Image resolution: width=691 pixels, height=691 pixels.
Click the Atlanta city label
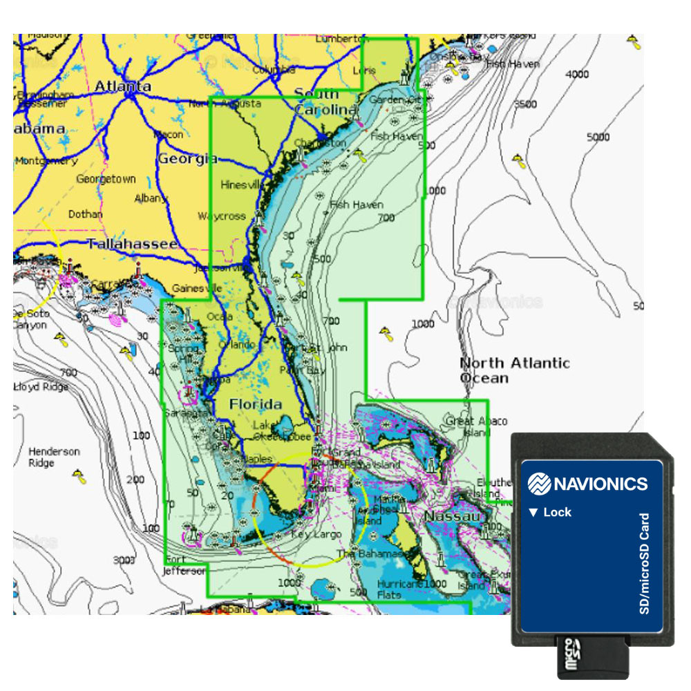pyautogui.click(x=122, y=86)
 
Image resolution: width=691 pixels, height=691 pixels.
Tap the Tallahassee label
pyautogui.click(x=132, y=244)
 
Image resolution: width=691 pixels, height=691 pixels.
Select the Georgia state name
pyautogui.click(x=187, y=159)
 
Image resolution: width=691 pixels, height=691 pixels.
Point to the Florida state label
pyautogui.click(x=256, y=404)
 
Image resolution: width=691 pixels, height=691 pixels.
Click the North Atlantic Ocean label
pyautogui.click(x=515, y=370)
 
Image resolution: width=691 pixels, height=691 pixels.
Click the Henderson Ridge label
pyautogui.click(x=54, y=457)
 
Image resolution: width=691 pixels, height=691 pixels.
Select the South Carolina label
pyautogui.click(x=325, y=102)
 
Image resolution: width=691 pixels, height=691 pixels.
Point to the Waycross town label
pyautogui.click(x=222, y=216)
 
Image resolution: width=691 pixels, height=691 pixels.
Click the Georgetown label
pyautogui.click(x=106, y=179)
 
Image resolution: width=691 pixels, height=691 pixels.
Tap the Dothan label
pyautogui.click(x=85, y=214)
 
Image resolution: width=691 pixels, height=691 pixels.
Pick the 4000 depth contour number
pyautogui.click(x=577, y=75)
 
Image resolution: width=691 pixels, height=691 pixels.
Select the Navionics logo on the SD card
pyautogui.click(x=587, y=483)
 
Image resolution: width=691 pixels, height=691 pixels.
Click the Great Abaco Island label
pyautogui.click(x=476, y=426)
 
